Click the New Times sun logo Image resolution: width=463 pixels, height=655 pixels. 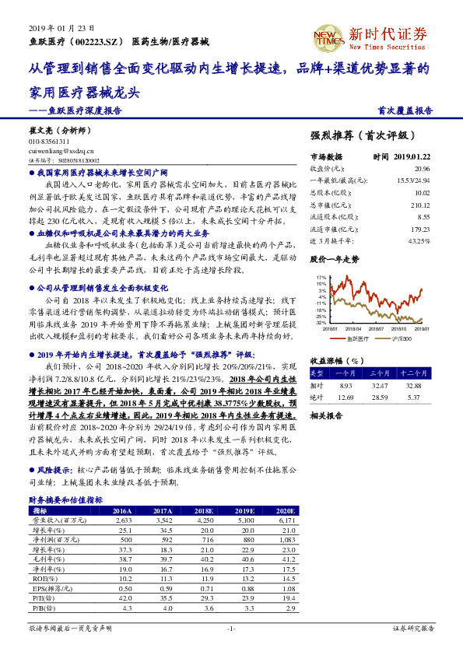point(327,36)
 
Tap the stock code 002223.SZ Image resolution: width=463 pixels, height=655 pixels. point(100,41)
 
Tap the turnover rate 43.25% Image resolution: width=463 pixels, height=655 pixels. point(419,241)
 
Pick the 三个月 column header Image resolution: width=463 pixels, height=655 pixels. point(381,373)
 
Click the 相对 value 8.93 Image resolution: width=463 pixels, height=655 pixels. point(346,385)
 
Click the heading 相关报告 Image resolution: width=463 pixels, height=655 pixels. point(327,415)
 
